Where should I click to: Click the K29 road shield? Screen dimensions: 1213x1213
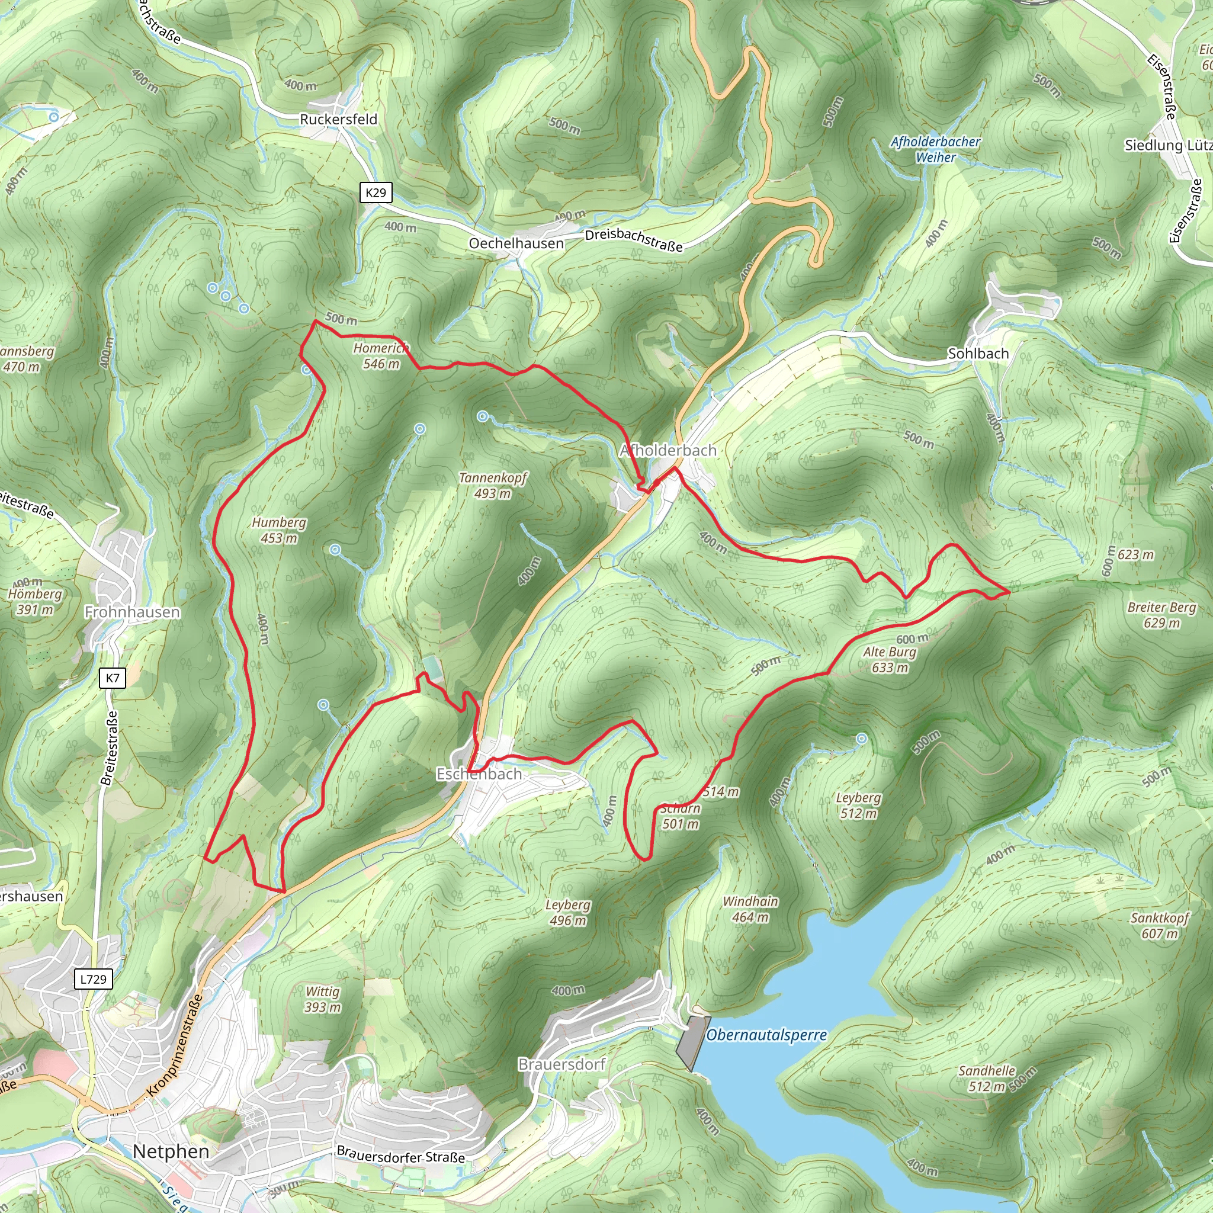click(376, 192)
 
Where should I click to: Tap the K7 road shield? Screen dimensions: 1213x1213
click(113, 678)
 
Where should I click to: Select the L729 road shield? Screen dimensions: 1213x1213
click(94, 978)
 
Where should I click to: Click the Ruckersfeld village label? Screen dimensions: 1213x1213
click(338, 119)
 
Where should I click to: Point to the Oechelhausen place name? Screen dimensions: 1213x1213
click(516, 243)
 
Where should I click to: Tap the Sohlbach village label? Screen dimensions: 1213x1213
click(977, 354)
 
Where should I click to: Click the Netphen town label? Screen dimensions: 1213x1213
click(171, 1151)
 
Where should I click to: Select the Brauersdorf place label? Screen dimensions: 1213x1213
click(561, 1064)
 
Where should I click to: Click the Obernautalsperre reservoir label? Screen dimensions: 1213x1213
click(766, 1035)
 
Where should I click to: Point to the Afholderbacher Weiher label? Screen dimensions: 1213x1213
click(935, 149)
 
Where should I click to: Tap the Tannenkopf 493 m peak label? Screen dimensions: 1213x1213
click(493, 485)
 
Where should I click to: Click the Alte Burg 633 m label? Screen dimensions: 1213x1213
click(889, 659)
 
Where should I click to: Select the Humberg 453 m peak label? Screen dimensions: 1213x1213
click(279, 530)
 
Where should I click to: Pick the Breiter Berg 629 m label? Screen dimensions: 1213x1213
click(1161, 615)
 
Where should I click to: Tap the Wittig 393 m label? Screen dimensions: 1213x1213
click(323, 999)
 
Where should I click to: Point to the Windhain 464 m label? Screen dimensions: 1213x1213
click(750, 909)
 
